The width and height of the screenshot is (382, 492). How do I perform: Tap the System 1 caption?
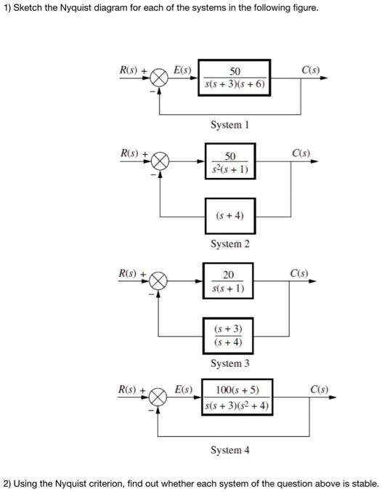(x=229, y=125)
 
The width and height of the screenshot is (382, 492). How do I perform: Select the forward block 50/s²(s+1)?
(x=229, y=162)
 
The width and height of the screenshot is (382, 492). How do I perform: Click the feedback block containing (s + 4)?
(x=229, y=216)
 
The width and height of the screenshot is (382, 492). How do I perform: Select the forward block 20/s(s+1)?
(x=229, y=281)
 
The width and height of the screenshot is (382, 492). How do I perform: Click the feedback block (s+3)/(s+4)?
(x=229, y=336)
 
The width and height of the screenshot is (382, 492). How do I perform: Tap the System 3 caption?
(x=229, y=363)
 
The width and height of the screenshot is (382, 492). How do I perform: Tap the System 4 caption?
(x=229, y=450)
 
